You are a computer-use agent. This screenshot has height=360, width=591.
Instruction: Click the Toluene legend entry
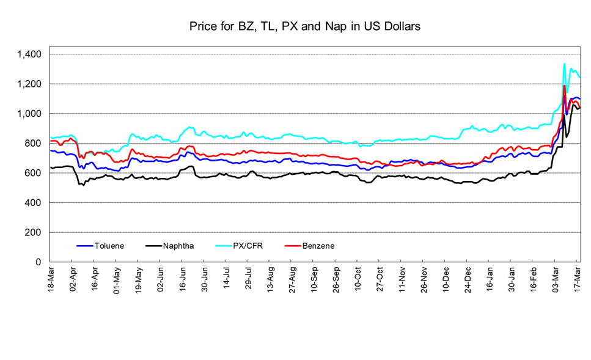tap(108, 246)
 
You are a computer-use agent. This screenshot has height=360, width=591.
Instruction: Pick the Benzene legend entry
tap(317, 246)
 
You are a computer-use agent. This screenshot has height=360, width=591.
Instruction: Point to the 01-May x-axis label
tap(117, 279)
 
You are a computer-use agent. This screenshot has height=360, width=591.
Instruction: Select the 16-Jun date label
tap(182, 279)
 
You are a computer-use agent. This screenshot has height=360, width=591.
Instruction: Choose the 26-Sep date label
tap(336, 279)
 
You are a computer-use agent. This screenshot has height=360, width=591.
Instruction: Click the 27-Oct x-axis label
tap(380, 279)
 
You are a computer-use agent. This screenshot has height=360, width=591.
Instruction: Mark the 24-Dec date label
tap(468, 279)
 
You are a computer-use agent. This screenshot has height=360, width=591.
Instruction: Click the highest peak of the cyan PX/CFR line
tap(563, 64)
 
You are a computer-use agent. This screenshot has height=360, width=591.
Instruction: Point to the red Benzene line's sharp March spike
tap(563, 86)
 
